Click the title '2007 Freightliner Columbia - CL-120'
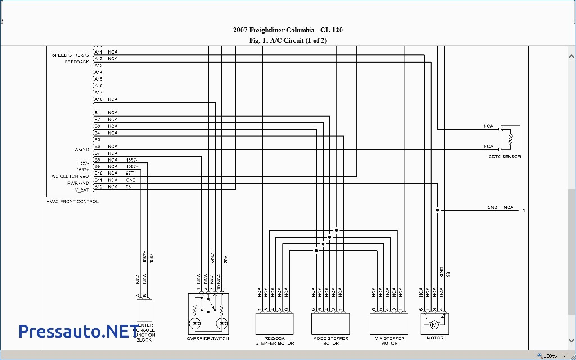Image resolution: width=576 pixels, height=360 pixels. [288, 30]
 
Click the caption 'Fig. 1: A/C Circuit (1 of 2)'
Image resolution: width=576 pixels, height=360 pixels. [288, 40]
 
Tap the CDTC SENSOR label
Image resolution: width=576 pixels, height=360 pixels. [504, 157]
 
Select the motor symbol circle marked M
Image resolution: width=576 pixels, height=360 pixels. [434, 324]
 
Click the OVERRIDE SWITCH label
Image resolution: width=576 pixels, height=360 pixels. [208, 338]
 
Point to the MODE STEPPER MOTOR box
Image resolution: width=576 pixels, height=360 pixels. [331, 324]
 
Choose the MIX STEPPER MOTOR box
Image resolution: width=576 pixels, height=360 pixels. [389, 324]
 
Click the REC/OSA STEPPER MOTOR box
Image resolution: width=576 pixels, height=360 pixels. [274, 324]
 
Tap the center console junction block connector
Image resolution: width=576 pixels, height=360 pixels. [144, 310]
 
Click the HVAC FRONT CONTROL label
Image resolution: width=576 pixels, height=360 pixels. [72, 202]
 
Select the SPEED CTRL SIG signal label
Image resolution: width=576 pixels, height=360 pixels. [70, 55]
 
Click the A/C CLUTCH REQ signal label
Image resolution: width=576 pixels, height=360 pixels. [70, 176]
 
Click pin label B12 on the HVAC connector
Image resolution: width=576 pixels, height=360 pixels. [99, 187]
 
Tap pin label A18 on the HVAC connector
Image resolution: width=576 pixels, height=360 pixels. [99, 99]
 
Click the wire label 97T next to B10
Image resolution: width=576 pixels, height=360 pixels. [130, 173]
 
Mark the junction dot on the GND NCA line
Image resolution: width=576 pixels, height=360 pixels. [437, 210]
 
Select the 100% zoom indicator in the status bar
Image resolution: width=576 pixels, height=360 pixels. [550, 356]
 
